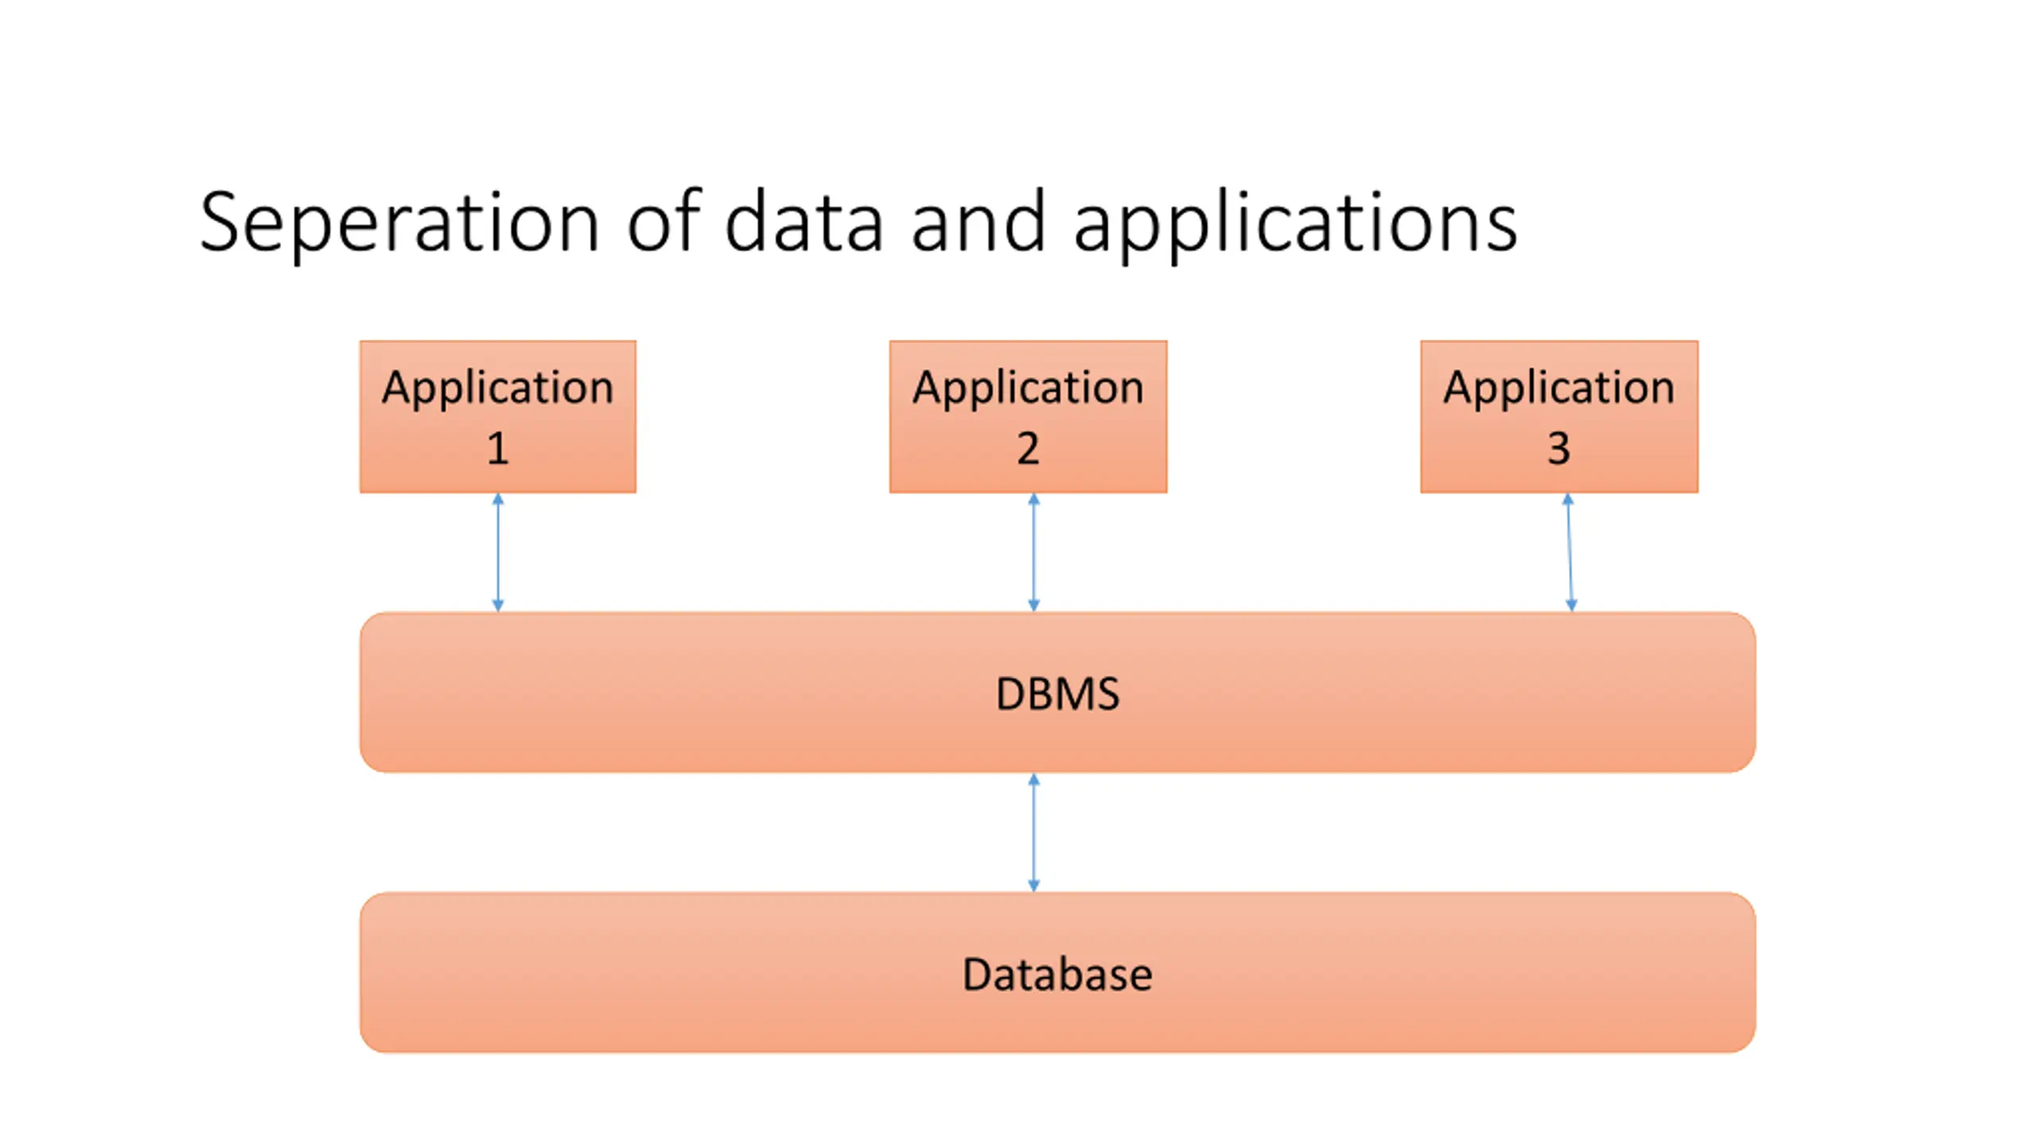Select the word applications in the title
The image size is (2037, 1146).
[x=1295, y=225]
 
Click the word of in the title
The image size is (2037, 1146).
[x=664, y=220]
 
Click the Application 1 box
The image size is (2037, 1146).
[x=498, y=417]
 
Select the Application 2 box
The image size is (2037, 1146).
[x=1028, y=417]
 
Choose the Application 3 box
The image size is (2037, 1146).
[x=1560, y=417]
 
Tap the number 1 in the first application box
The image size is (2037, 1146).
[x=498, y=448]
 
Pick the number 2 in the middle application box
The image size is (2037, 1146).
[x=1028, y=448]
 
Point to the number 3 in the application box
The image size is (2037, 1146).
[x=1559, y=448]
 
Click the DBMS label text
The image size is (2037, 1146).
[x=1057, y=693]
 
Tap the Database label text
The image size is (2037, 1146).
[x=1057, y=974]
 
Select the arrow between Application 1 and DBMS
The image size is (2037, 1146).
[x=498, y=552]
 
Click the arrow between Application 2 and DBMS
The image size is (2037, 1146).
[x=1034, y=552]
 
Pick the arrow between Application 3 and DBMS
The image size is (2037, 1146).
[x=1569, y=552]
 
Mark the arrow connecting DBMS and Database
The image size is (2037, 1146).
[x=1034, y=832]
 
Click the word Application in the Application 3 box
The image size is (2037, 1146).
[x=1560, y=389]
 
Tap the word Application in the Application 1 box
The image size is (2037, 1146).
[x=498, y=389]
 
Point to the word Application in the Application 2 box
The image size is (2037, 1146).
[x=1028, y=389]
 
